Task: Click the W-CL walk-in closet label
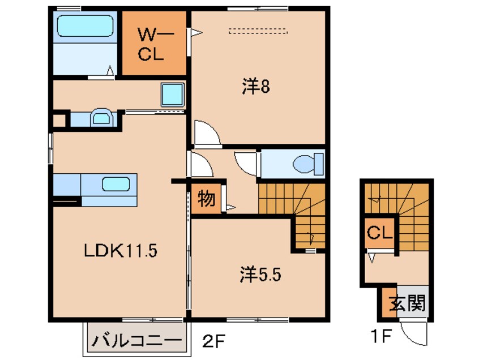click(x=154, y=45)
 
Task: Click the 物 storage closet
click(x=206, y=199)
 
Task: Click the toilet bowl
click(x=305, y=164)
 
